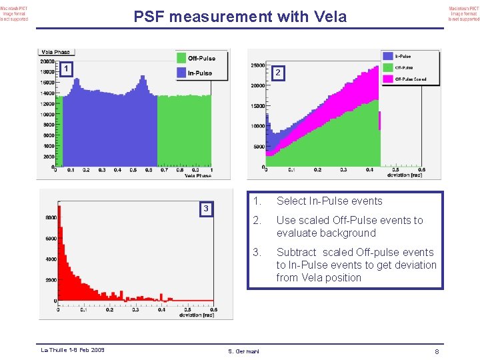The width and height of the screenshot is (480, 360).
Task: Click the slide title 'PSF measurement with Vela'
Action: click(240, 17)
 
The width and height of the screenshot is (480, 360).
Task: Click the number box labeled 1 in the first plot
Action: click(66, 69)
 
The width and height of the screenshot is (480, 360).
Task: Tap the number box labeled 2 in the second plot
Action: click(279, 73)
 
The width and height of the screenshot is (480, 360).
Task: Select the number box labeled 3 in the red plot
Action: click(206, 209)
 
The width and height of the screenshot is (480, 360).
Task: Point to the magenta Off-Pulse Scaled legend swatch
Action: click(387, 79)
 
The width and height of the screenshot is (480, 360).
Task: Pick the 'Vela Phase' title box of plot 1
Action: click(55, 52)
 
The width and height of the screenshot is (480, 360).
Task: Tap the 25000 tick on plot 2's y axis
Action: click(257, 65)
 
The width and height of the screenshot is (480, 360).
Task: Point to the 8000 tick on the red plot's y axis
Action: click(51, 217)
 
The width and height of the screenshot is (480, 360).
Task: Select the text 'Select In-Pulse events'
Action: click(329, 201)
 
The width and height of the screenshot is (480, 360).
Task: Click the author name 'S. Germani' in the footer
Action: click(243, 351)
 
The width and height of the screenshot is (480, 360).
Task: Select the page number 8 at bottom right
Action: click(435, 351)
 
